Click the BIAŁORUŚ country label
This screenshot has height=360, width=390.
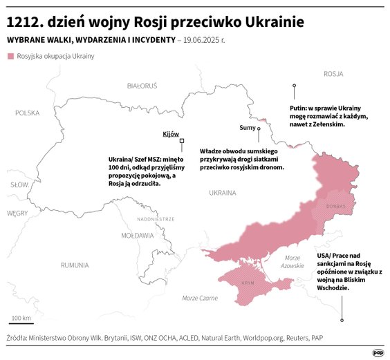(x=142, y=86)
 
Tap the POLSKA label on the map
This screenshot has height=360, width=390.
(x=28, y=113)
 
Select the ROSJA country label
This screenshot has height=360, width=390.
(x=333, y=73)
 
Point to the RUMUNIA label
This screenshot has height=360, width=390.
(x=74, y=265)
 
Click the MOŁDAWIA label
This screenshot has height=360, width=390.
(x=138, y=235)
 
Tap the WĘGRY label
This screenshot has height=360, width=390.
(x=17, y=214)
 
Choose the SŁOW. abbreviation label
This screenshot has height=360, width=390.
(x=19, y=185)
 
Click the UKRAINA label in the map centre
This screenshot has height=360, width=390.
(x=222, y=193)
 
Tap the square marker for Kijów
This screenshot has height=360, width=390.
(x=182, y=141)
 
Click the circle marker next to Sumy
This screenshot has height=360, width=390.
(x=259, y=128)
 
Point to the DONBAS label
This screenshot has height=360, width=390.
(x=335, y=206)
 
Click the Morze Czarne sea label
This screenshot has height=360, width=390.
(x=199, y=298)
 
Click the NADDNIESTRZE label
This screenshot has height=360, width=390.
(x=155, y=219)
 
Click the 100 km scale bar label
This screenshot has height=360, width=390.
(x=21, y=318)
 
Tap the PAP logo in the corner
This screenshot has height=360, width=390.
(x=378, y=352)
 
